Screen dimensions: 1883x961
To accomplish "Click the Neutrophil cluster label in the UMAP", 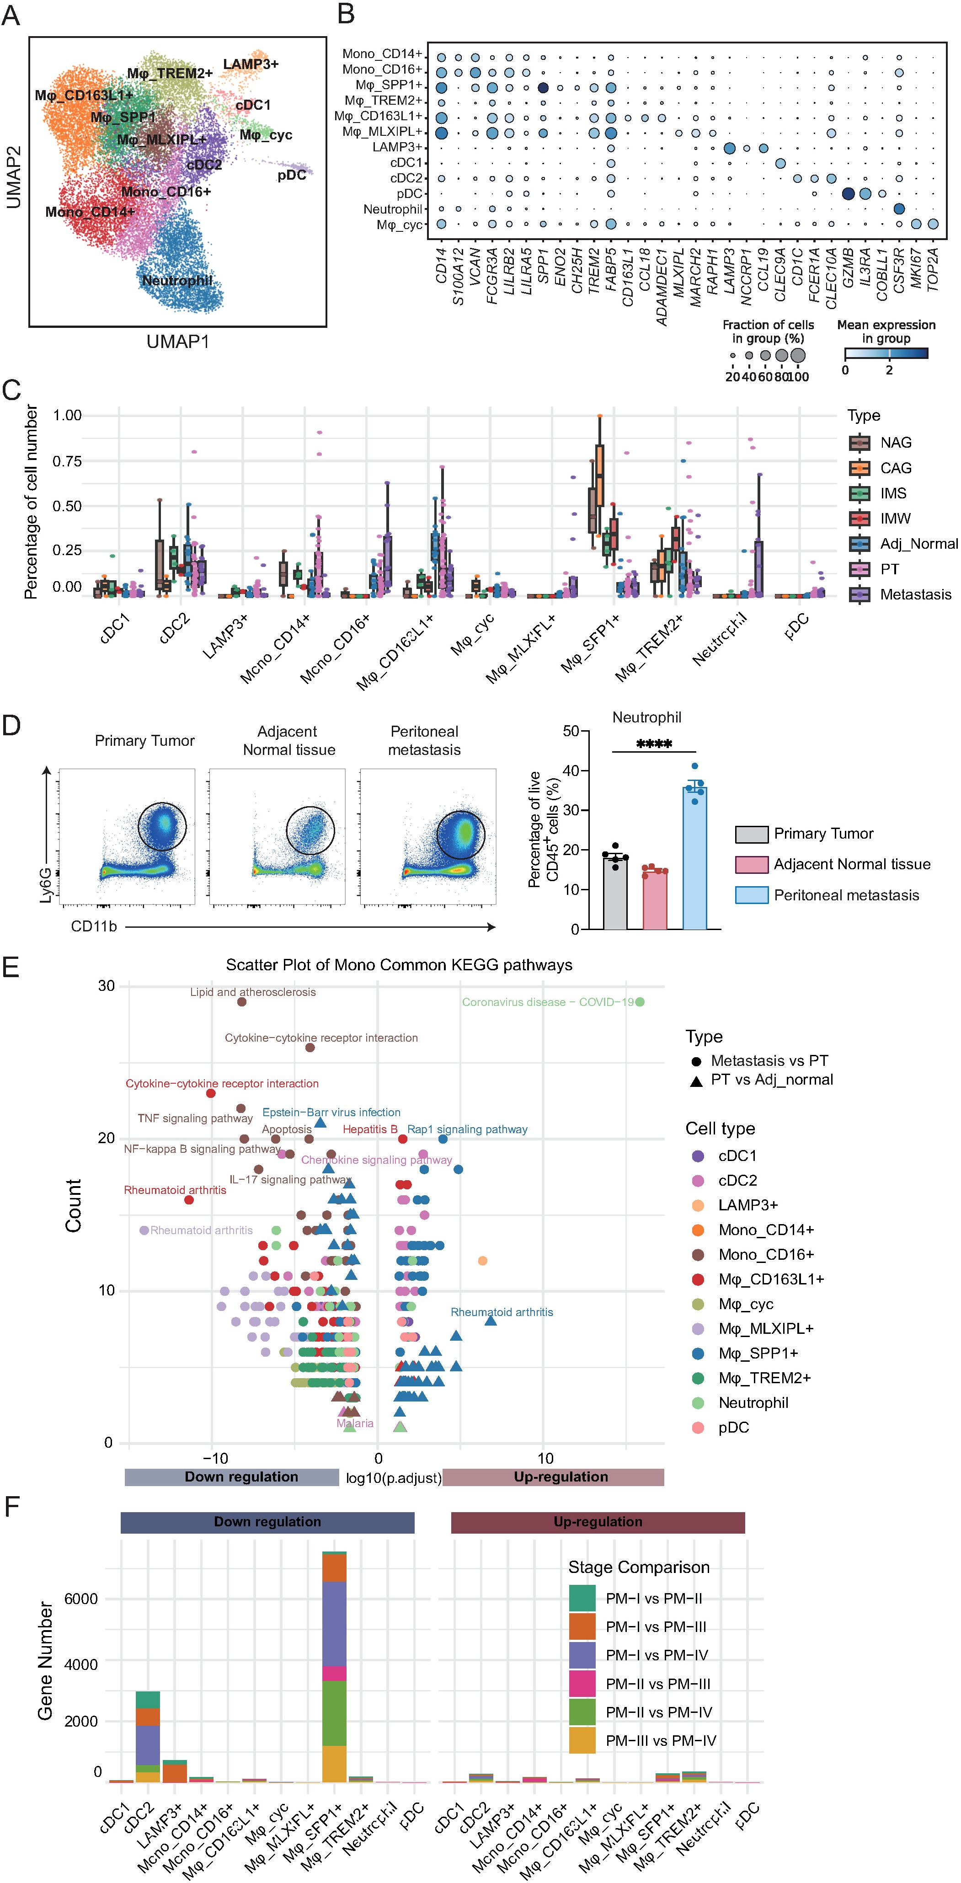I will (x=177, y=281).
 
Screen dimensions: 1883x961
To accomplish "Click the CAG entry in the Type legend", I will (x=895, y=468).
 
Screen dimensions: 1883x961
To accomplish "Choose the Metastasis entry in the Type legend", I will (x=915, y=594).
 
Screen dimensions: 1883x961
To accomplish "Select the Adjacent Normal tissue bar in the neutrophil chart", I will (x=655, y=899).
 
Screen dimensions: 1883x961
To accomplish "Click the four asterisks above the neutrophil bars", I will (x=654, y=744).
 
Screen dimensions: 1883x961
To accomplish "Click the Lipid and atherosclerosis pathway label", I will (x=253, y=992).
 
